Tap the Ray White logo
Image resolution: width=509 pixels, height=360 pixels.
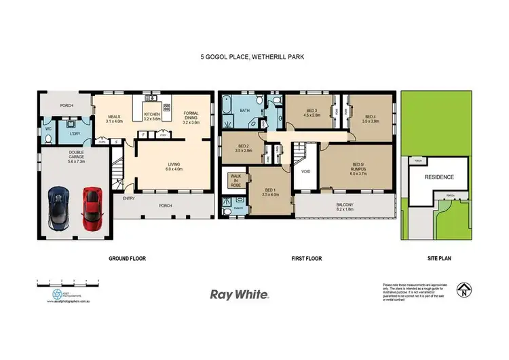click(x=240, y=295)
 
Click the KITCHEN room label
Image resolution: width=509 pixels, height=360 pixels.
click(x=153, y=116)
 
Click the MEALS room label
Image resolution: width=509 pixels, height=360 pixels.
click(x=113, y=118)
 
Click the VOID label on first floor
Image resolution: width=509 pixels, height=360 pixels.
click(x=305, y=171)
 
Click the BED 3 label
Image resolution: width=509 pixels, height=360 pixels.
click(x=312, y=113)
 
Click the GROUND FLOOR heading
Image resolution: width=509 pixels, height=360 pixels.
click(x=128, y=258)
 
